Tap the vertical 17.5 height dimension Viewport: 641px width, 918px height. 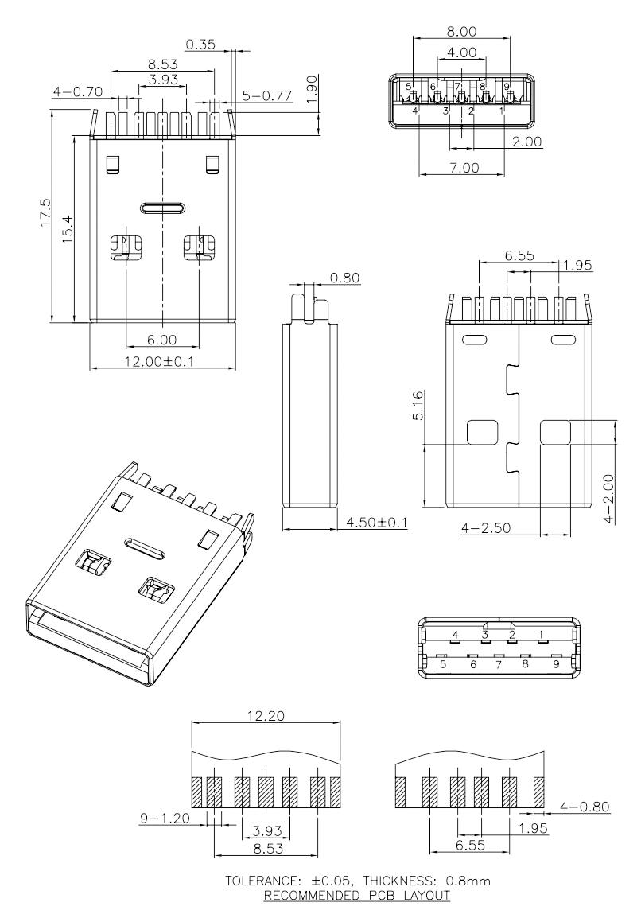(x=45, y=213)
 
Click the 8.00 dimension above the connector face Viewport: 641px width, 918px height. (x=461, y=32)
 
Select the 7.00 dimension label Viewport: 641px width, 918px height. (x=461, y=168)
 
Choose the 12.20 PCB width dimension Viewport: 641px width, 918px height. (x=266, y=717)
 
